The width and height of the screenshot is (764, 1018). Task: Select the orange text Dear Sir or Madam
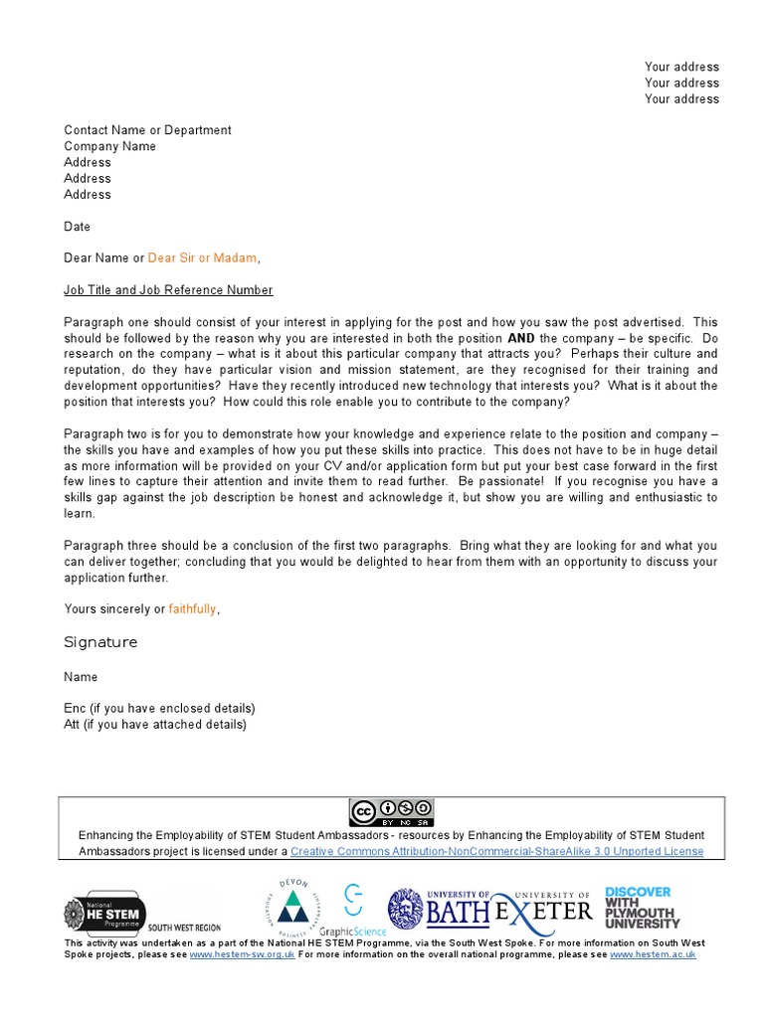[x=203, y=258]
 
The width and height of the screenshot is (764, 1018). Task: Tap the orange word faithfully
[x=192, y=609]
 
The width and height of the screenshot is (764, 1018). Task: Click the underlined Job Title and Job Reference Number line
[x=168, y=290]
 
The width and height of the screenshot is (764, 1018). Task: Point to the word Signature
[x=100, y=642]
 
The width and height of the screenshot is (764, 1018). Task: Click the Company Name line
[x=109, y=146]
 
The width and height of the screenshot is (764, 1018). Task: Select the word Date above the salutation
[x=77, y=227]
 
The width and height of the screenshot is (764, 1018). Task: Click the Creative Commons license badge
[x=391, y=812]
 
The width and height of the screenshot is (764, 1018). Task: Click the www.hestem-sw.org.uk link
[x=242, y=954]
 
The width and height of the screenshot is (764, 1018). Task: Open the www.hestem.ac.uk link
[x=652, y=954]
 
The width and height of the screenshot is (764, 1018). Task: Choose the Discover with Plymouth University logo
[x=642, y=907]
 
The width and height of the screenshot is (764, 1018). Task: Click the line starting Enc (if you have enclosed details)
[x=159, y=708]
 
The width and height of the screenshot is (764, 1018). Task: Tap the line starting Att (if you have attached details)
[x=154, y=724]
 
